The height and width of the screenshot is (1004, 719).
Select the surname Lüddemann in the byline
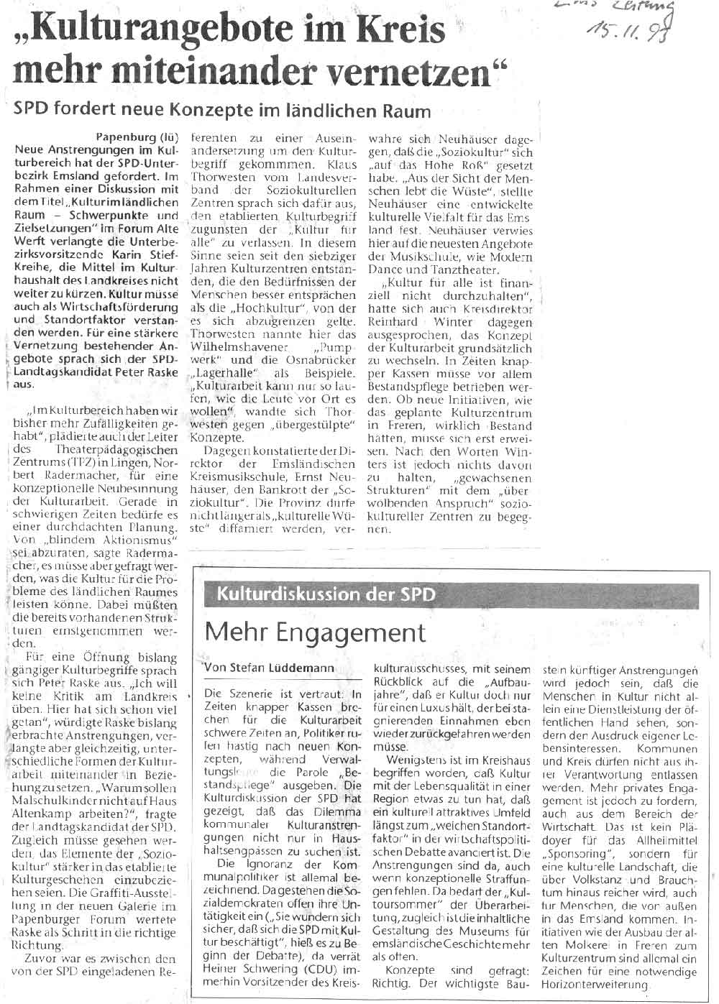click(305, 668)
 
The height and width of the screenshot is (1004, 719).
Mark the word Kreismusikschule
click(234, 477)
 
